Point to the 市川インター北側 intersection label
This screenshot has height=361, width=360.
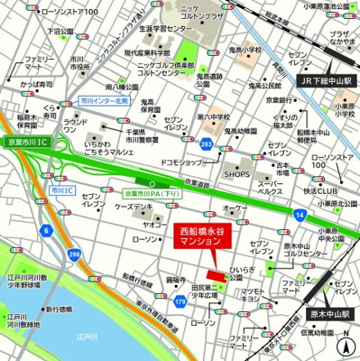pyautogui.click(x=103, y=101)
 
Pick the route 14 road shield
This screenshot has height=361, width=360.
pyautogui.click(x=299, y=214)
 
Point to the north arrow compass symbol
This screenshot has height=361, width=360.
pyautogui.click(x=346, y=343)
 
